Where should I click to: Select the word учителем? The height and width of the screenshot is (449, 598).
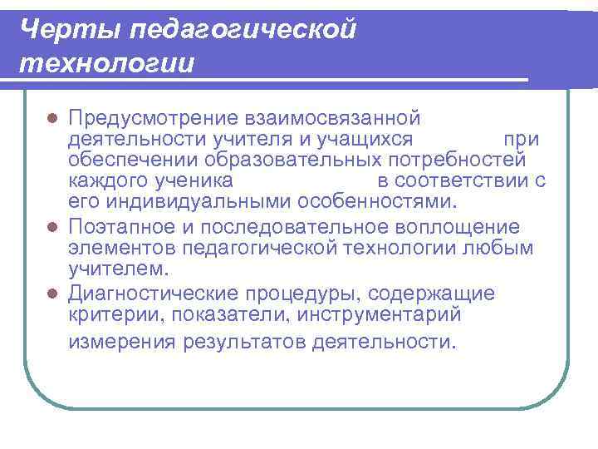118,269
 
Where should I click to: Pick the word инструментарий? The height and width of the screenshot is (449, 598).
390,315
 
